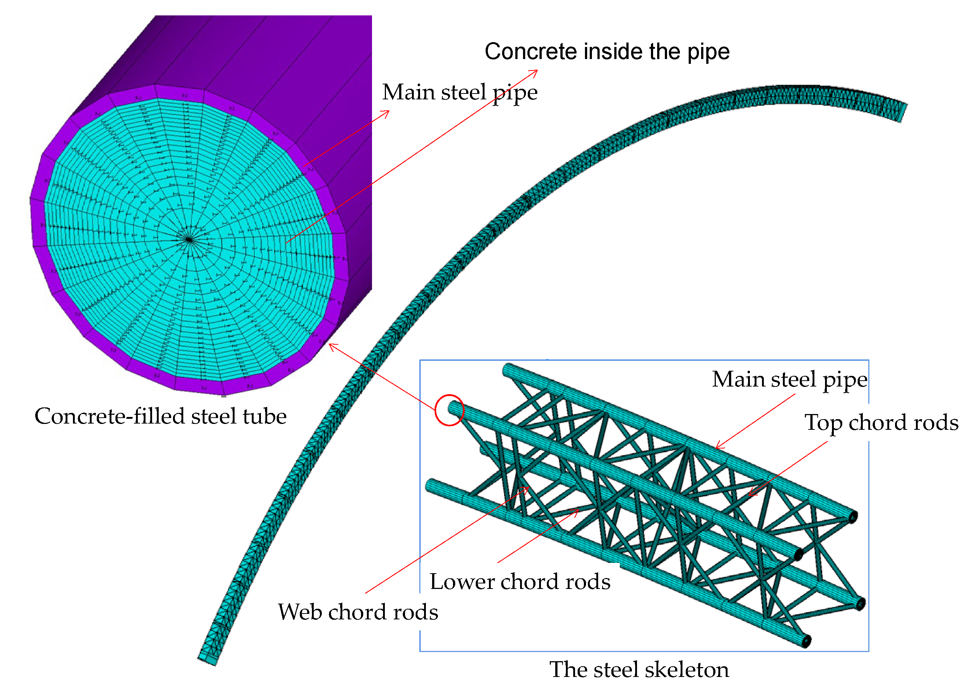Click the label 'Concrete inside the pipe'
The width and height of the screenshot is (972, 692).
tap(607, 52)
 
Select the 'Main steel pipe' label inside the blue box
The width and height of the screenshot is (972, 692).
tap(789, 379)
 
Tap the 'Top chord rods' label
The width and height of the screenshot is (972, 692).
tap(881, 423)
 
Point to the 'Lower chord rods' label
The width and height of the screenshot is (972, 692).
tap(520, 582)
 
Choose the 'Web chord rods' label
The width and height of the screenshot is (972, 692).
tap(358, 612)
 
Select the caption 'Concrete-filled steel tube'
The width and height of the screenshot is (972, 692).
tap(161, 416)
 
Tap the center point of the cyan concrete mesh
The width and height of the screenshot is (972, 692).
tap(189, 240)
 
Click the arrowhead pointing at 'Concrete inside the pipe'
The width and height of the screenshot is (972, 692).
tap(535, 71)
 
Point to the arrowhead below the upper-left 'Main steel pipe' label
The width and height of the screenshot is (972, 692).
tap(387, 112)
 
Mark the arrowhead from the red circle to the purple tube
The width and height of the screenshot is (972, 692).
tap(332, 345)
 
